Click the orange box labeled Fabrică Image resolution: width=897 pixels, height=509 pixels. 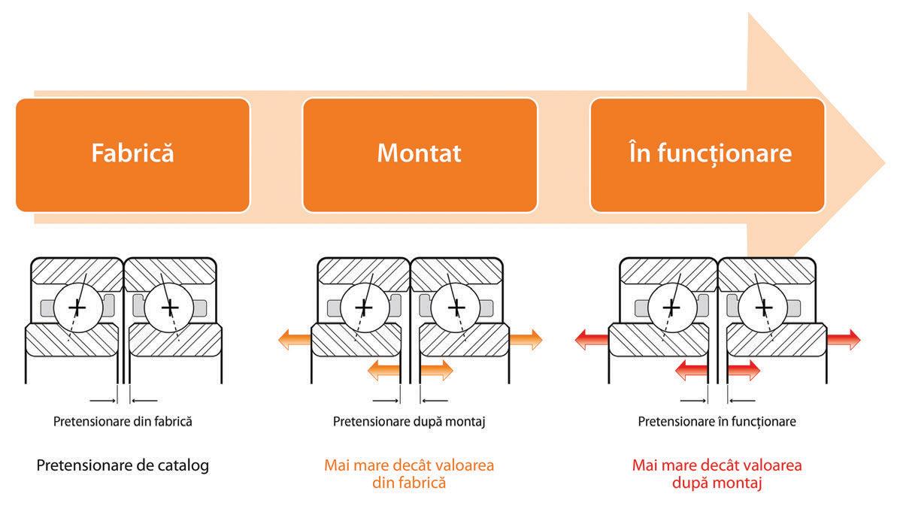132,154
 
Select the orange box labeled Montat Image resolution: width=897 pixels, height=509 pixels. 420,154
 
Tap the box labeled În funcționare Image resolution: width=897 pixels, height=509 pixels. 708,154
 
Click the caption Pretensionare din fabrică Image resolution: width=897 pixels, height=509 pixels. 123,422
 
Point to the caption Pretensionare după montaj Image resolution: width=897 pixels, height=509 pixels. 409,422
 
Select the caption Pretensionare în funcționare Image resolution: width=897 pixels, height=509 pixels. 717,422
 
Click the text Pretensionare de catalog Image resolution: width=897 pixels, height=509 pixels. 123,465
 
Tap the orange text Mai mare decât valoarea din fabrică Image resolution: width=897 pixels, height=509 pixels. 409,474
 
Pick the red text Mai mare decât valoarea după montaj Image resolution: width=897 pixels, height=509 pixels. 717,474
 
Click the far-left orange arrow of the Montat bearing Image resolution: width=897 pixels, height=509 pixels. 294,340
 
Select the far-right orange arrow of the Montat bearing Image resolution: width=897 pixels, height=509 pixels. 526,340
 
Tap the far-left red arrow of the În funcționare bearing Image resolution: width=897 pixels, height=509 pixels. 591,340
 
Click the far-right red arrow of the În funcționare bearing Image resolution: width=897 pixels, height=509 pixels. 844,340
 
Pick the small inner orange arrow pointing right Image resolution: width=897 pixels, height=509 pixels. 437,370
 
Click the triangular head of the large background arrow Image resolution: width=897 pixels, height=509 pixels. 835,150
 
